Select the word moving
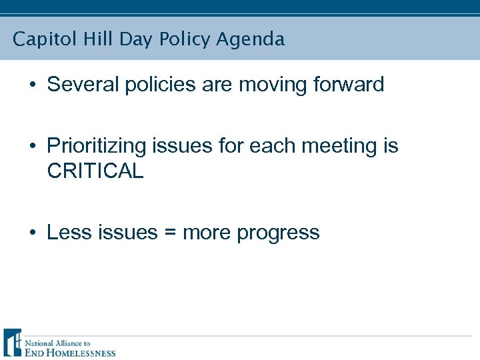pos(269,85)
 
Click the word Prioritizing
pos(97,146)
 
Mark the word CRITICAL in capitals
pos(95,171)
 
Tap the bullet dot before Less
pos(31,233)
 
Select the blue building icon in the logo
pos(12,343)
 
